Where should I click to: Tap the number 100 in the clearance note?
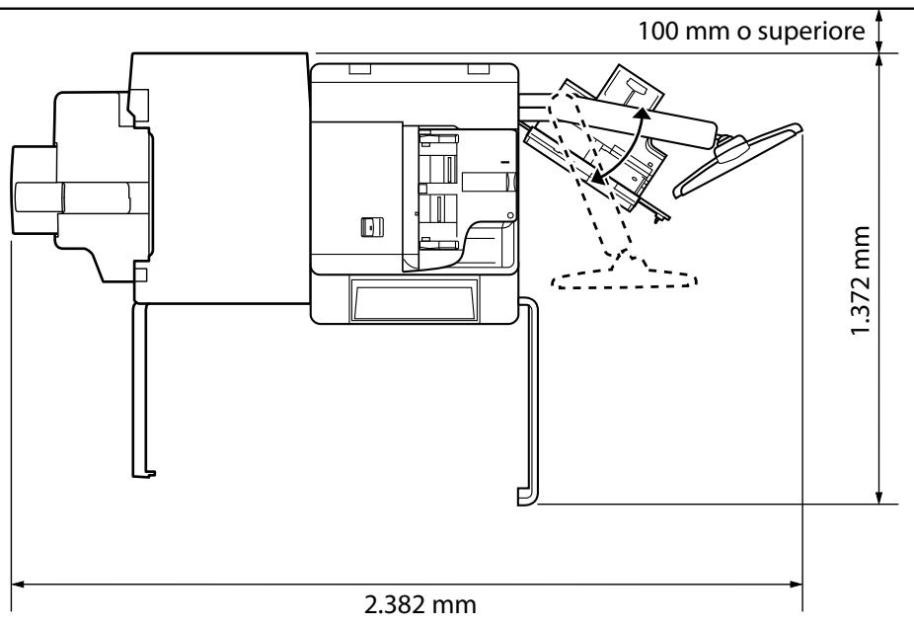point(655,29)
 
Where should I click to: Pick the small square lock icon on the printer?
point(368,226)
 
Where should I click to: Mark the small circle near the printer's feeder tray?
point(508,214)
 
